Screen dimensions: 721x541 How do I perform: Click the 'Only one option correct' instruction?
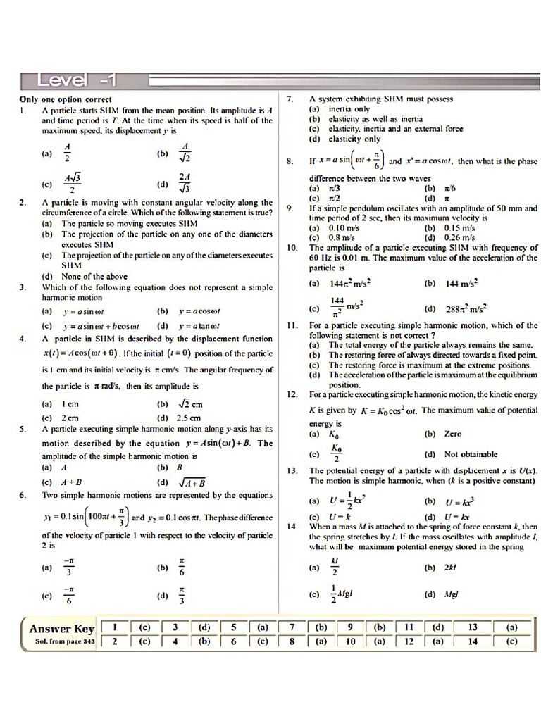coord(65,100)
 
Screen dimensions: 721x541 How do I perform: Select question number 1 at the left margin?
coord(23,111)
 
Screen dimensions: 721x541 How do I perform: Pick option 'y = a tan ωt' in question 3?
coord(199,326)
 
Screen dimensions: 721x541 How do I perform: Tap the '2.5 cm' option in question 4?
coord(189,418)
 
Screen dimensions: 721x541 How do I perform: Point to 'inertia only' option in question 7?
coord(349,109)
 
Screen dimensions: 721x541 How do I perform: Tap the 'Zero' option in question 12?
coord(453,434)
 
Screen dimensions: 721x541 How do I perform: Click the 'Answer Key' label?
coord(61,629)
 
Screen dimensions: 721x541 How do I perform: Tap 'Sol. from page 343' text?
coord(59,641)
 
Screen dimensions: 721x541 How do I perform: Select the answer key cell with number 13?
coord(473,627)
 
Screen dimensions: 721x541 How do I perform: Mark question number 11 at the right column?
coord(293,325)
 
